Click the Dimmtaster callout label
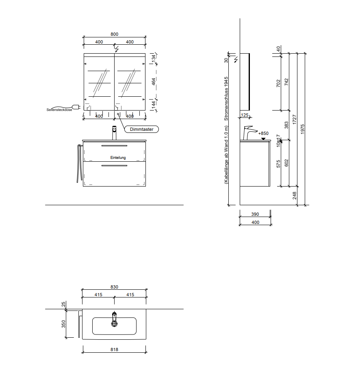click(141, 129)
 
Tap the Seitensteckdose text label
click(59, 110)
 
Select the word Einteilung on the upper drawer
click(118, 158)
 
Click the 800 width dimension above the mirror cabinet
click(114, 34)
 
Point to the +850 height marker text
click(263, 133)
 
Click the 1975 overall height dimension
click(303, 129)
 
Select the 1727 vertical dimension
click(294, 119)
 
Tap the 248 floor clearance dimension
click(295, 195)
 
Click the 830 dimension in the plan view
click(114, 287)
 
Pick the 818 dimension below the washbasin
click(114, 349)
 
